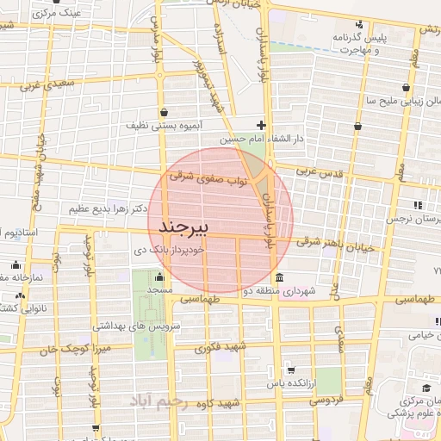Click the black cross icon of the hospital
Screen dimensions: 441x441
tap(262, 125)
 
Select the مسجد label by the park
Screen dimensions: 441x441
tap(159, 291)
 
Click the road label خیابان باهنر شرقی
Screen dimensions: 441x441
tap(339, 243)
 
